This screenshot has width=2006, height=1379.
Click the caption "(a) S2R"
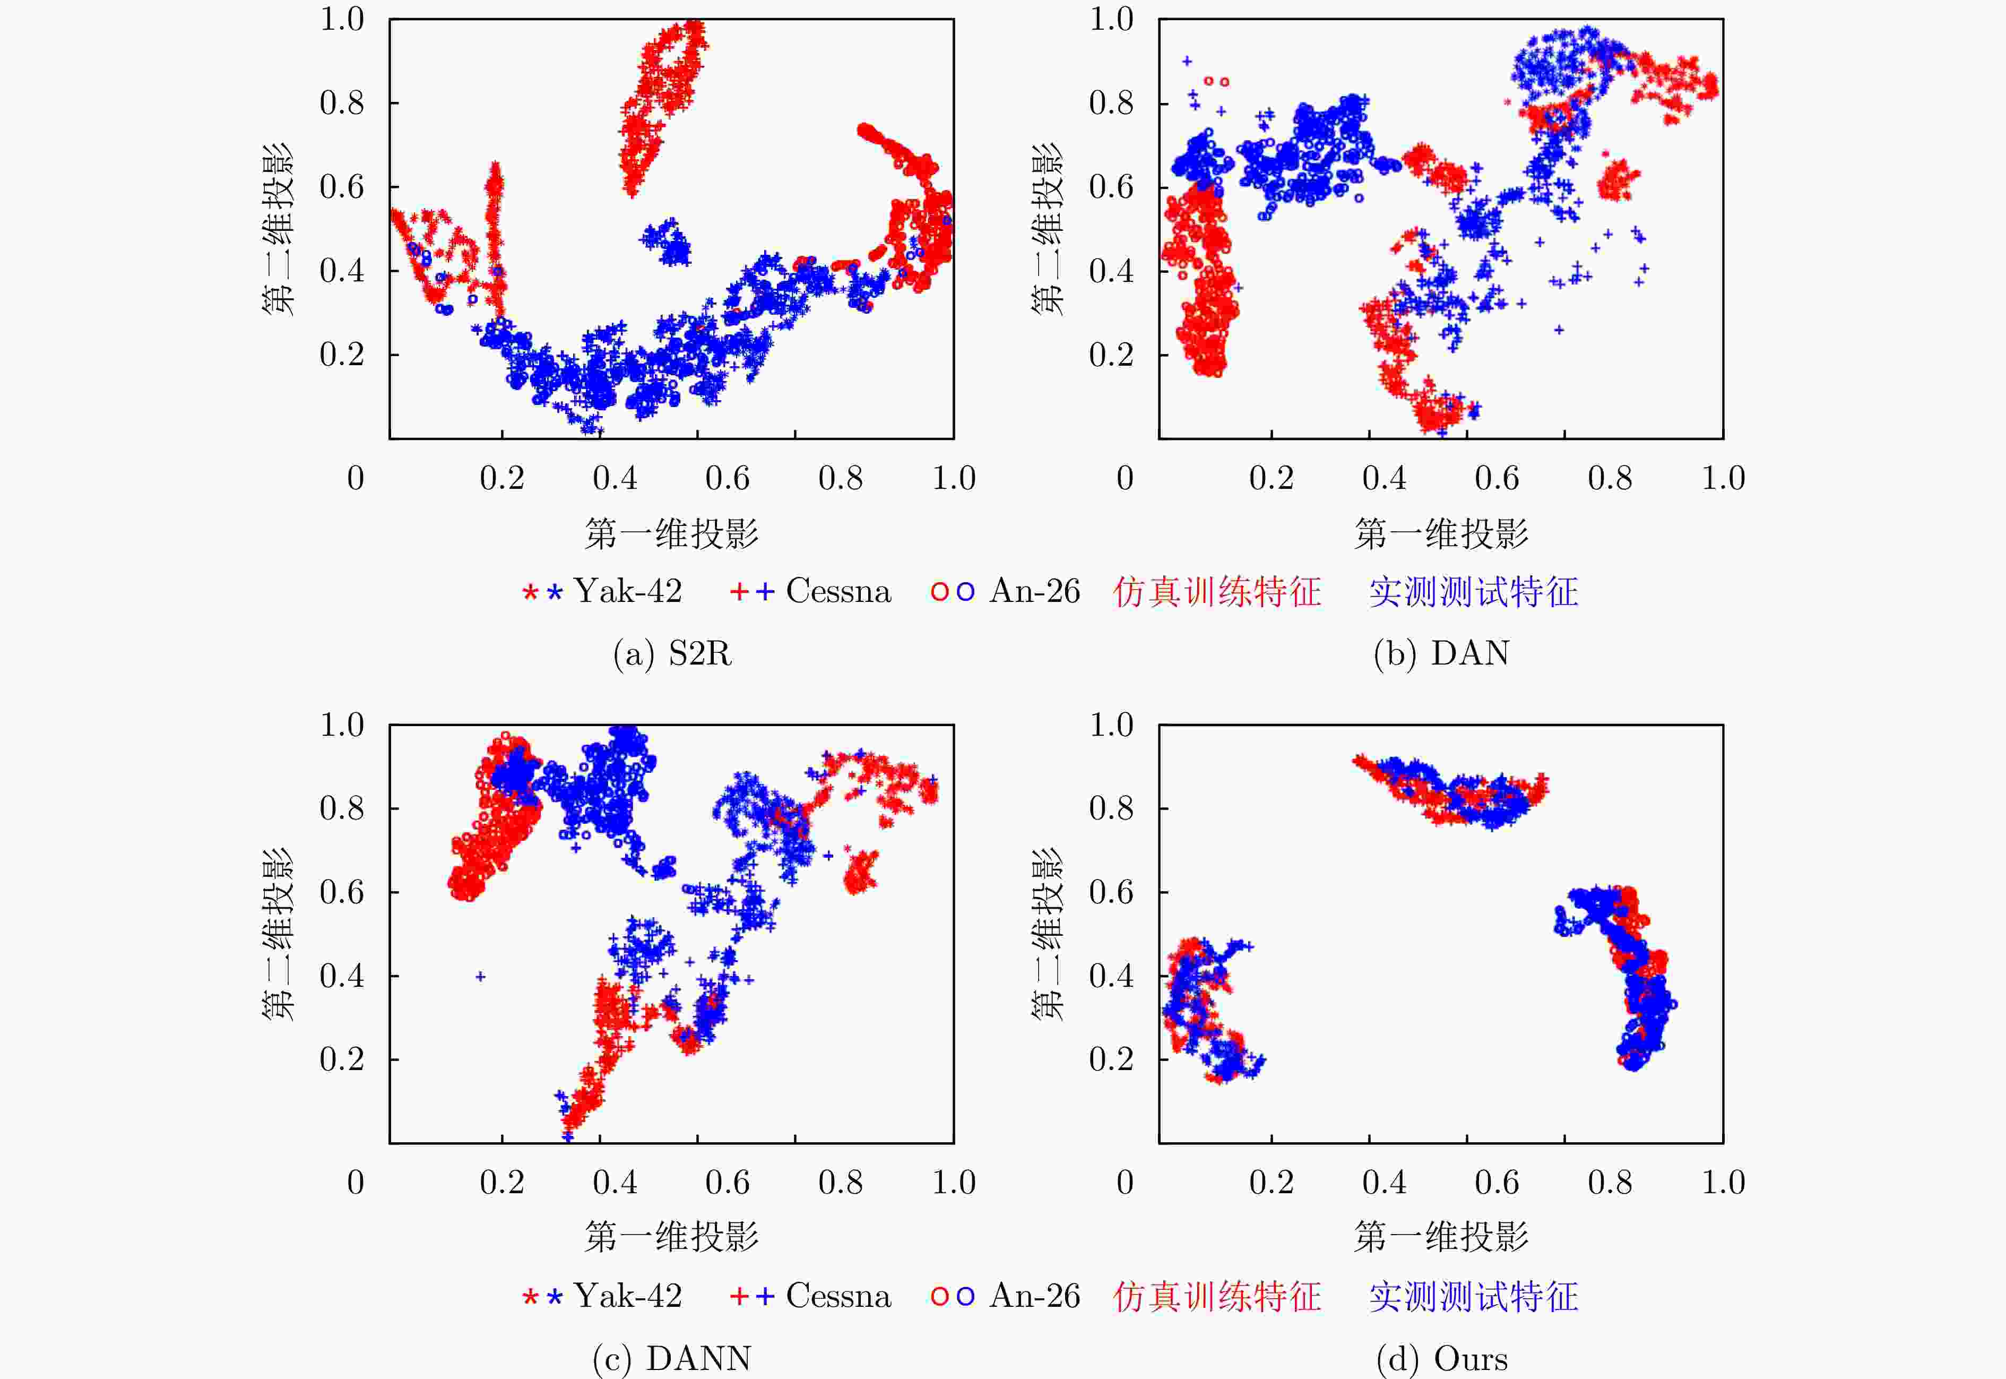(672, 653)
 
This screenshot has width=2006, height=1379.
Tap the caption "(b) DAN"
(1441, 653)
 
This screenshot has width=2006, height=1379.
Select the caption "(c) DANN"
(672, 1358)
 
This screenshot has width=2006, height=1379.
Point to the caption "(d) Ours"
(1441, 1358)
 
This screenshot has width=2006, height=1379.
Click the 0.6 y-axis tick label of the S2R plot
(342, 187)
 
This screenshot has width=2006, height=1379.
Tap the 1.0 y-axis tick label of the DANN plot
(342, 724)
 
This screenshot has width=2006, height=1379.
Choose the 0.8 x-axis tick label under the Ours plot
(1610, 1182)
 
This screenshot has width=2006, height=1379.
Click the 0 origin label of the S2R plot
(355, 478)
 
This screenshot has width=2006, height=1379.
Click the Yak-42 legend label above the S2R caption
(628, 592)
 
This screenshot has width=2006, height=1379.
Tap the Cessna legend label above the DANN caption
(838, 1296)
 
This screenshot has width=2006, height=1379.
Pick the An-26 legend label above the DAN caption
(1034, 592)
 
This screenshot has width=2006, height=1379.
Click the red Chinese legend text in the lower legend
(1216, 1296)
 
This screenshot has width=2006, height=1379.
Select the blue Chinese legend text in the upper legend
(1473, 592)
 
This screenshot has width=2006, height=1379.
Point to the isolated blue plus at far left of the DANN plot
(480, 976)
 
